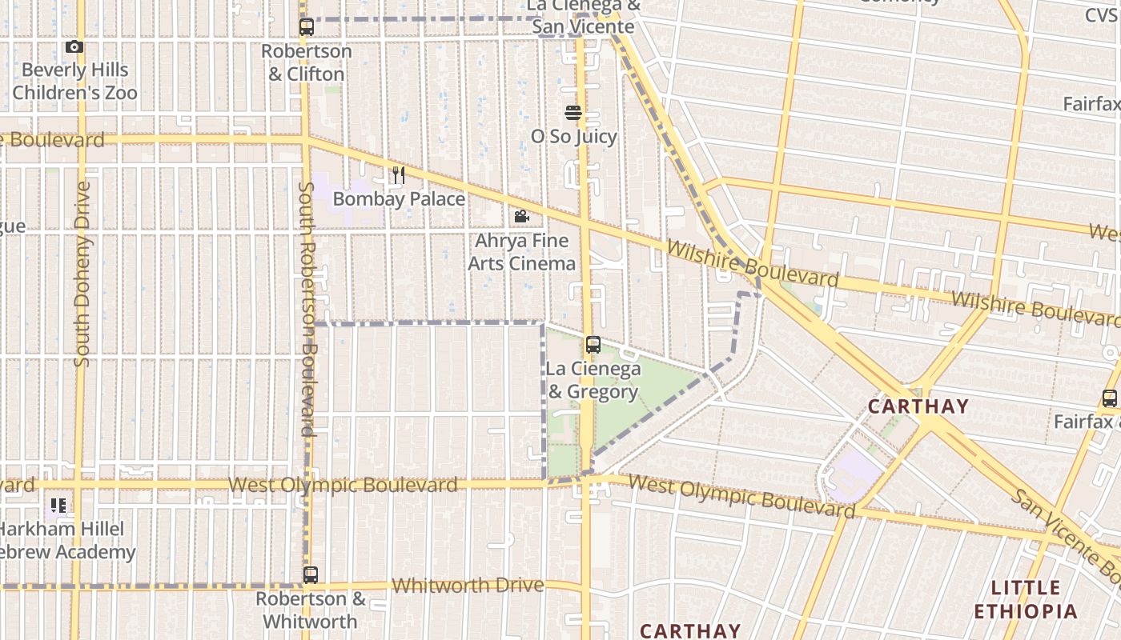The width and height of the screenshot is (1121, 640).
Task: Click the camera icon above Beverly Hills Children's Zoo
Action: click(x=74, y=47)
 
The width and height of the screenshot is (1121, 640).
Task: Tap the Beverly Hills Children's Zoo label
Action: click(x=74, y=82)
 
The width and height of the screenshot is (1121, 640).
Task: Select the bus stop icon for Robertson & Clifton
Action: click(x=307, y=27)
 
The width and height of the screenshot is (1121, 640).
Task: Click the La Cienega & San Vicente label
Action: click(x=585, y=17)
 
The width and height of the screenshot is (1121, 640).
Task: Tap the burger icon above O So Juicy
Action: click(x=573, y=112)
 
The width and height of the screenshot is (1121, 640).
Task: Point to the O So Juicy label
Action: click(x=574, y=137)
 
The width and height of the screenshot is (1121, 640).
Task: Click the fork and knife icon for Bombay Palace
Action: click(x=398, y=174)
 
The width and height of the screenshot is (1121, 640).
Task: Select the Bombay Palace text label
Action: click(x=399, y=198)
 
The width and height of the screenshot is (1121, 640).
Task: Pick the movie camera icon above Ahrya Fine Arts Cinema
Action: click(x=521, y=216)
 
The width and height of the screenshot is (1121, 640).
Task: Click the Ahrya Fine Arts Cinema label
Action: click(x=521, y=252)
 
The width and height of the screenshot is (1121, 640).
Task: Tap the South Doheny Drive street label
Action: click(x=82, y=274)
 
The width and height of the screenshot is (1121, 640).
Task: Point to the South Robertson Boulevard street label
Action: click(x=307, y=309)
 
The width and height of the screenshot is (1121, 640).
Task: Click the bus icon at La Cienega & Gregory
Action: click(x=593, y=345)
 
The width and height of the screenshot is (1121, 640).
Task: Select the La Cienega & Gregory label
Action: click(x=593, y=380)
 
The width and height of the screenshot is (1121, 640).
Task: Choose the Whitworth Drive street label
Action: click(x=468, y=586)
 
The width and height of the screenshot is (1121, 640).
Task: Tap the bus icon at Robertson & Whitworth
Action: click(x=311, y=574)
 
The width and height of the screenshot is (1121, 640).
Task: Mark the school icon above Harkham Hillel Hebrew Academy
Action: click(x=58, y=505)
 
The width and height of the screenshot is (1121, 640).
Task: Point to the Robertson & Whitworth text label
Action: click(x=311, y=610)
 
